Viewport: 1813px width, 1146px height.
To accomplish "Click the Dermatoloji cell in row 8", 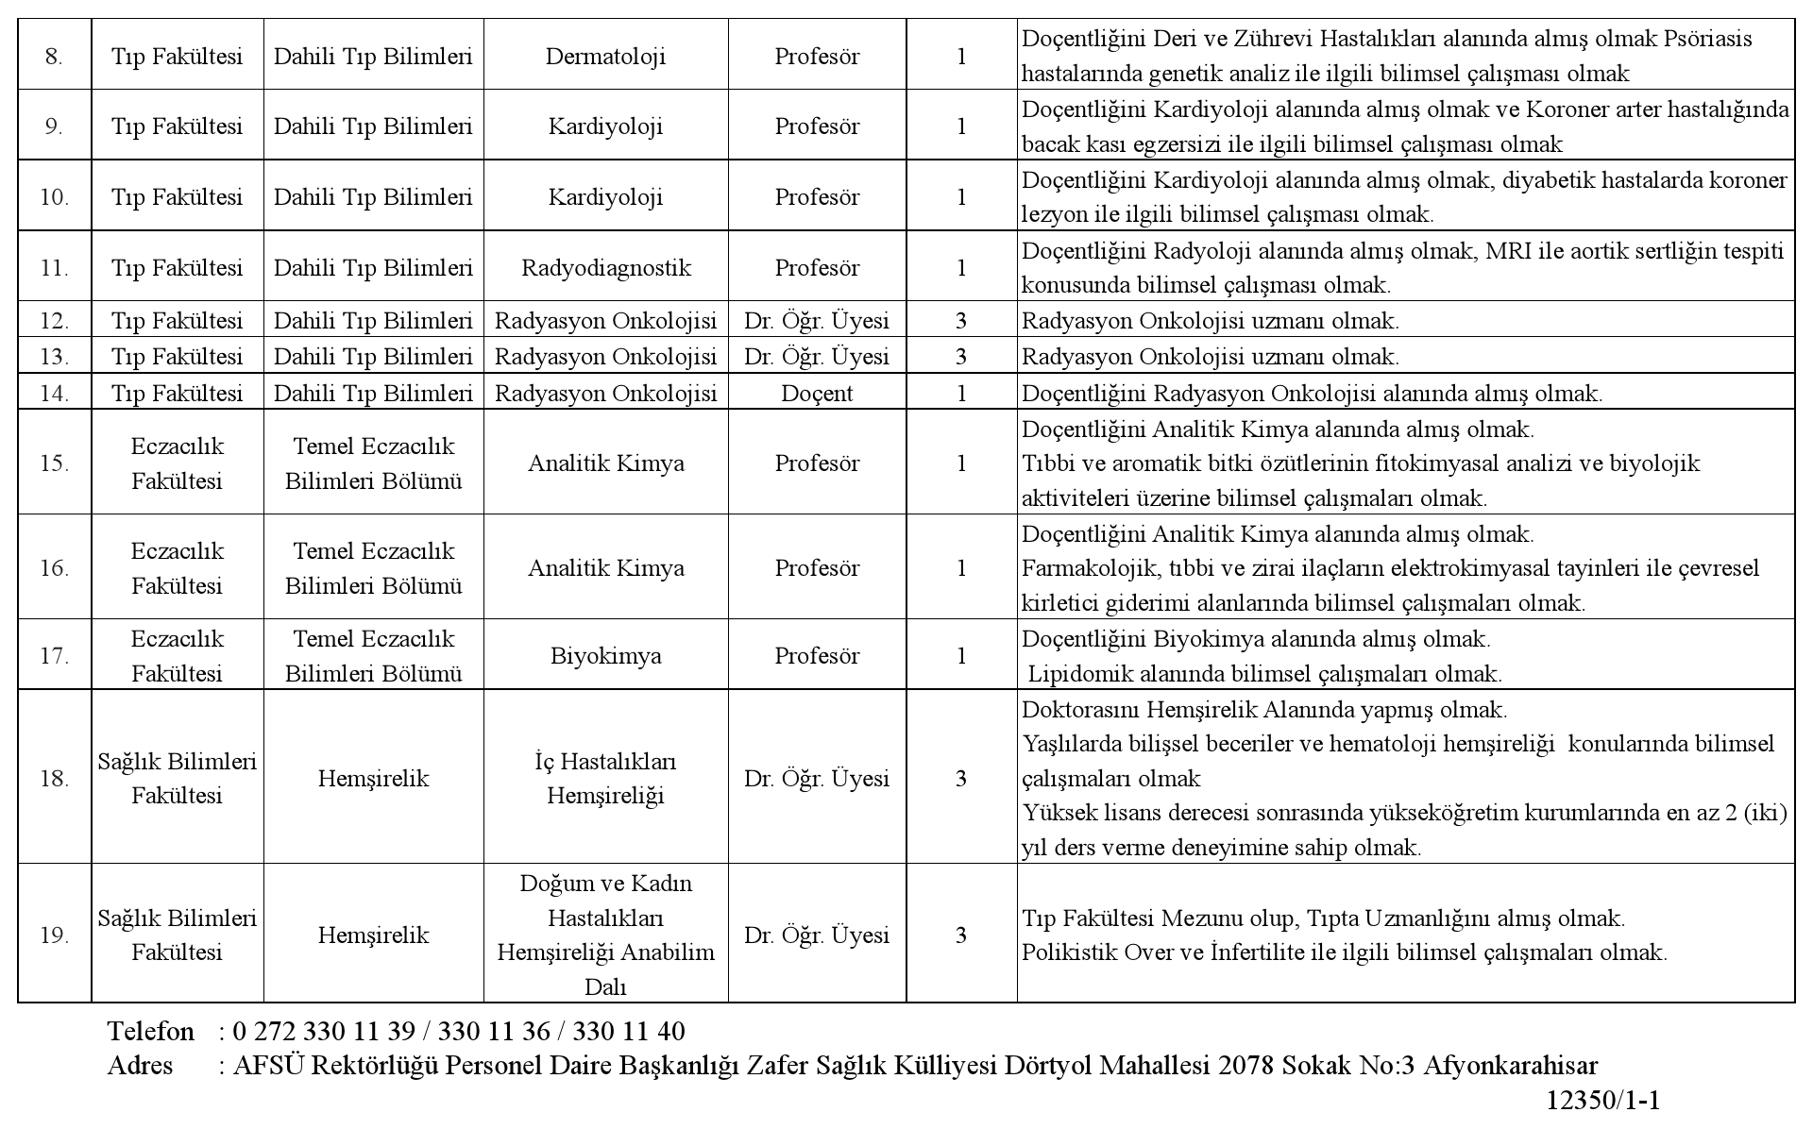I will coord(605,57).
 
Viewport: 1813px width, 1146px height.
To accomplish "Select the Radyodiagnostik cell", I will coord(605,268).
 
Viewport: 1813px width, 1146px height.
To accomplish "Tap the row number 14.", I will coord(55,393).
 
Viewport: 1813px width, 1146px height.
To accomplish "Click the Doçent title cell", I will coord(817,393).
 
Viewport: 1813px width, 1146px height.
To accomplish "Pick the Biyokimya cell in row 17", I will coord(605,656).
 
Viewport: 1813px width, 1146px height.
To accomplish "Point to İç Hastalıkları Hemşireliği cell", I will coord(605,779).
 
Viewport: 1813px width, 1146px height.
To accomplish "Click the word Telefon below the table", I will coord(151,1031).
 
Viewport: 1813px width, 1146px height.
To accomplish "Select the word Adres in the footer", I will coord(141,1066).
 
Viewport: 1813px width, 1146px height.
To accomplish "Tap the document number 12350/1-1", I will coord(1602,1101).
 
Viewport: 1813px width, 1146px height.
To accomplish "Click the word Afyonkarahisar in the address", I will coord(1510,1066).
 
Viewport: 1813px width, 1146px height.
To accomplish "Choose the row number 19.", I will coord(55,935).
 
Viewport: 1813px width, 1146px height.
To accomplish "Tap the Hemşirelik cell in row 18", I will coord(373,779).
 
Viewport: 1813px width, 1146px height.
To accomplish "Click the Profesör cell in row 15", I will coord(817,463).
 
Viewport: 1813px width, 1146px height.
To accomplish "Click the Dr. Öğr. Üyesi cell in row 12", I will coord(817,321).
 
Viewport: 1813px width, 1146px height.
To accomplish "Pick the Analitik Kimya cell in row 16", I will coord(605,568).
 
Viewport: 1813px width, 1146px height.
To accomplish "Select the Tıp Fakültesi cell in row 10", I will coord(177,197).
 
